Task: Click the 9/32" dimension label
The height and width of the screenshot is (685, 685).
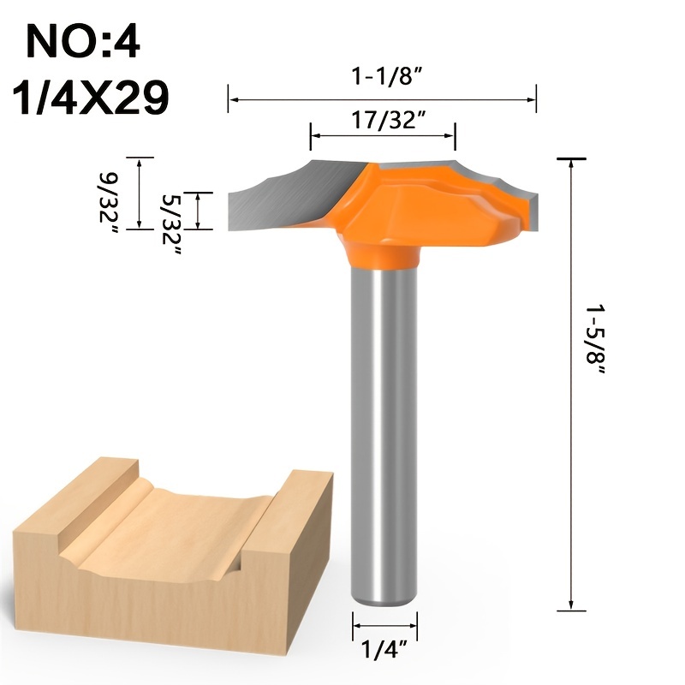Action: pyautogui.click(x=110, y=195)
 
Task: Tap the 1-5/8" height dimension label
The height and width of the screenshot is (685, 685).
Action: pyautogui.click(x=596, y=342)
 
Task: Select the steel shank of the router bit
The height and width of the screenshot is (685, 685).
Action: pyautogui.click(x=384, y=428)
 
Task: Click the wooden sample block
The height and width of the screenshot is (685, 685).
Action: pyautogui.click(x=171, y=548)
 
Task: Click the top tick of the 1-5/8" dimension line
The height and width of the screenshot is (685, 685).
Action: pyautogui.click(x=571, y=159)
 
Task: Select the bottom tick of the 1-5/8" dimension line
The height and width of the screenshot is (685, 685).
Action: pyautogui.click(x=571, y=611)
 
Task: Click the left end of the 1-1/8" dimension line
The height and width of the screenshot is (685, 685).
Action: pyautogui.click(x=229, y=99)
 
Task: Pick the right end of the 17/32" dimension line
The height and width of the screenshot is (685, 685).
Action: pyautogui.click(x=455, y=136)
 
